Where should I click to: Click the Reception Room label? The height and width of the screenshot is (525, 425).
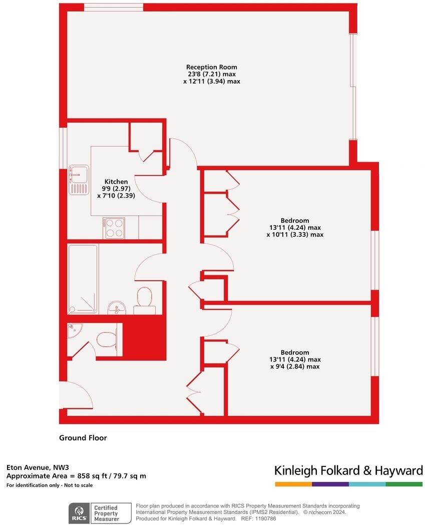(211, 67)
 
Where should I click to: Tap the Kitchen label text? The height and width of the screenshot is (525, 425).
(116, 182)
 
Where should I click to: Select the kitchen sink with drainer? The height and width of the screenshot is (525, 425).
(79, 179)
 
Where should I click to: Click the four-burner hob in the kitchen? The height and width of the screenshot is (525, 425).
(114, 228)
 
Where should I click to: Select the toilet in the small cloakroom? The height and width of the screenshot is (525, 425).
(106, 340)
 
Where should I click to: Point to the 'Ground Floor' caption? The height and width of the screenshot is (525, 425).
(83, 438)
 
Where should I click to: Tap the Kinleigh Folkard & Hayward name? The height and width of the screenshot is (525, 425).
(348, 470)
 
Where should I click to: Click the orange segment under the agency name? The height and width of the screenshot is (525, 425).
(293, 484)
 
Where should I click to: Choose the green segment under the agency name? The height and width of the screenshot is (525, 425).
(404, 484)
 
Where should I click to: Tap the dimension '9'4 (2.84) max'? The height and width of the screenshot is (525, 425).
(294, 366)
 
